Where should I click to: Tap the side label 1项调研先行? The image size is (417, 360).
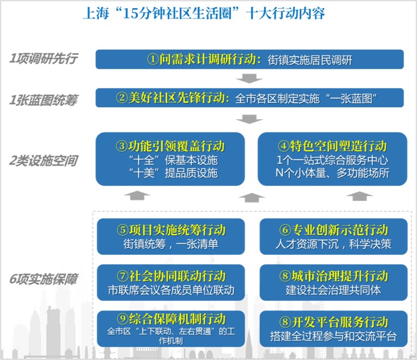(44, 58)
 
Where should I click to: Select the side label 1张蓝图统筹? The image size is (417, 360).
(44, 100)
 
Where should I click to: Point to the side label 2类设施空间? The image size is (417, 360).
(44, 161)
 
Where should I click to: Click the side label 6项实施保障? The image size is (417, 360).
(44, 279)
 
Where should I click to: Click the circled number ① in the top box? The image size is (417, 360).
(153, 59)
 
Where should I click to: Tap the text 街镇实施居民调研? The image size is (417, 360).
(310, 60)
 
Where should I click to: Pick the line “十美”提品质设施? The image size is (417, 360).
(173, 173)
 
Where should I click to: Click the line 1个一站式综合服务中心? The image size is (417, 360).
(332, 160)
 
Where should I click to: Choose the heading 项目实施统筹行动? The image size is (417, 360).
(177, 230)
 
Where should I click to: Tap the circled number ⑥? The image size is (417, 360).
(285, 230)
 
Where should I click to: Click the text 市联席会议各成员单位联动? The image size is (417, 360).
(171, 290)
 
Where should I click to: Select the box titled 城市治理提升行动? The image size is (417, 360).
(334, 283)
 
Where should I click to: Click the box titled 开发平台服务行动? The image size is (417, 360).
(334, 328)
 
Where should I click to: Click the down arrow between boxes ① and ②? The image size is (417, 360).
(249, 78)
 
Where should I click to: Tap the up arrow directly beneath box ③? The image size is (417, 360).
(137, 196)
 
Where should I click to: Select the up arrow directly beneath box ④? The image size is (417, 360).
(359, 196)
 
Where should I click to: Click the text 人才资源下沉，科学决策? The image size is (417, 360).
(333, 244)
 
